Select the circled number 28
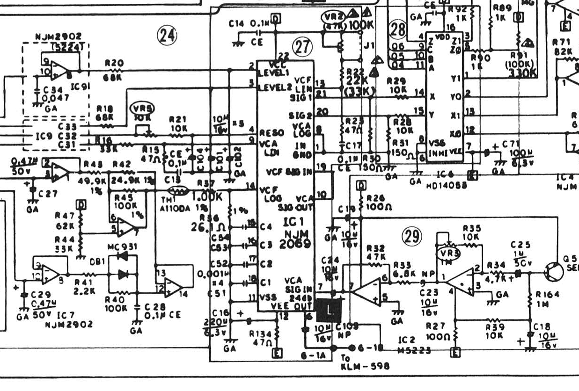(x=398, y=30)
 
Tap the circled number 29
(x=412, y=237)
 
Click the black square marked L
(x=330, y=309)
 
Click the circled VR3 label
(x=448, y=253)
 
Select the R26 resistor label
(x=377, y=198)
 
